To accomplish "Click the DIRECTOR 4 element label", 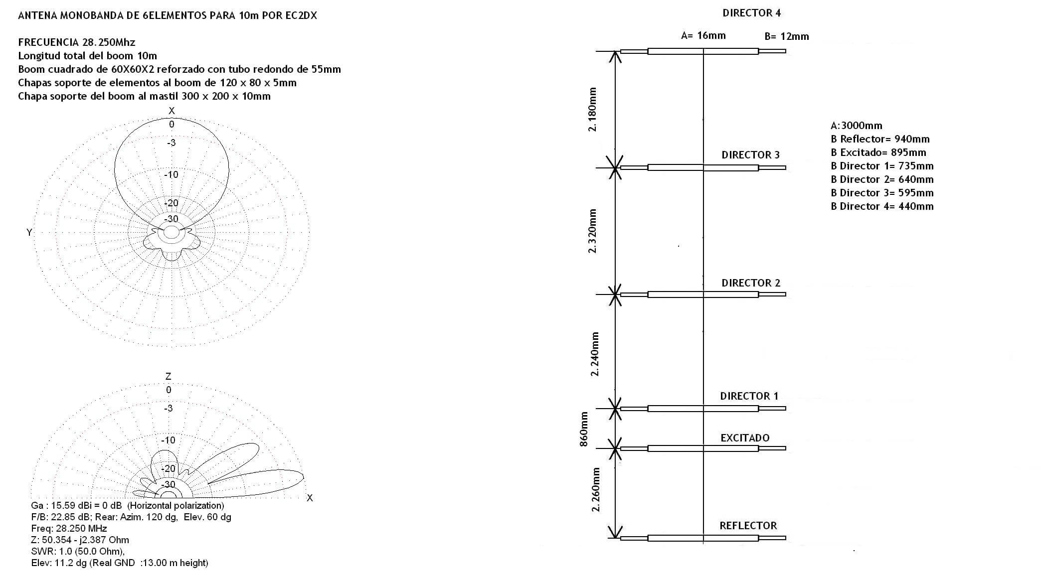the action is click(x=751, y=13).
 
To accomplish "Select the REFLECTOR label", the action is click(x=748, y=526).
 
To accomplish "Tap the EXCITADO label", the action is click(x=745, y=438).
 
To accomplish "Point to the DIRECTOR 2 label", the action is click(x=751, y=283).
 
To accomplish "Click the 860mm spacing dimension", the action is click(x=584, y=429).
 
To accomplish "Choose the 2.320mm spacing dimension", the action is click(x=592, y=231).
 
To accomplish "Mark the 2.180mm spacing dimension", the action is click(x=592, y=110).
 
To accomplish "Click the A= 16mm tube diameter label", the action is click(x=703, y=35).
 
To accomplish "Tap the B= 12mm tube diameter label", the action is click(x=787, y=36).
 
